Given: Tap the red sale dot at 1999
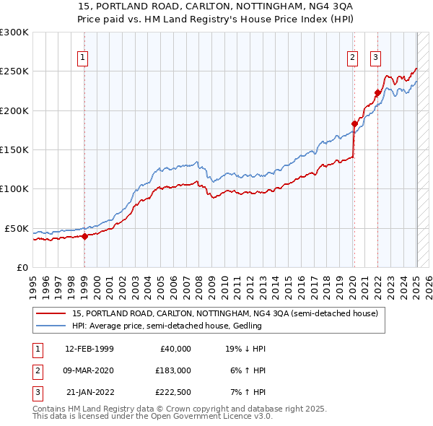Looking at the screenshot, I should (x=84, y=235).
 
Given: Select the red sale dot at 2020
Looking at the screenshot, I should (x=354, y=123).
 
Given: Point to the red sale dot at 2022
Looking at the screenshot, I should (x=377, y=92).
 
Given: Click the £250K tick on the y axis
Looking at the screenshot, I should (x=15, y=71).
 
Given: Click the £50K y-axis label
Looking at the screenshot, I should (x=17, y=228).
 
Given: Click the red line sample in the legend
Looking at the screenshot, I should (x=51, y=314).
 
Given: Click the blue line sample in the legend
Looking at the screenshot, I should (x=51, y=326).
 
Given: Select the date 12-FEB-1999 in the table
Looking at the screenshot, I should (x=89, y=349).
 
